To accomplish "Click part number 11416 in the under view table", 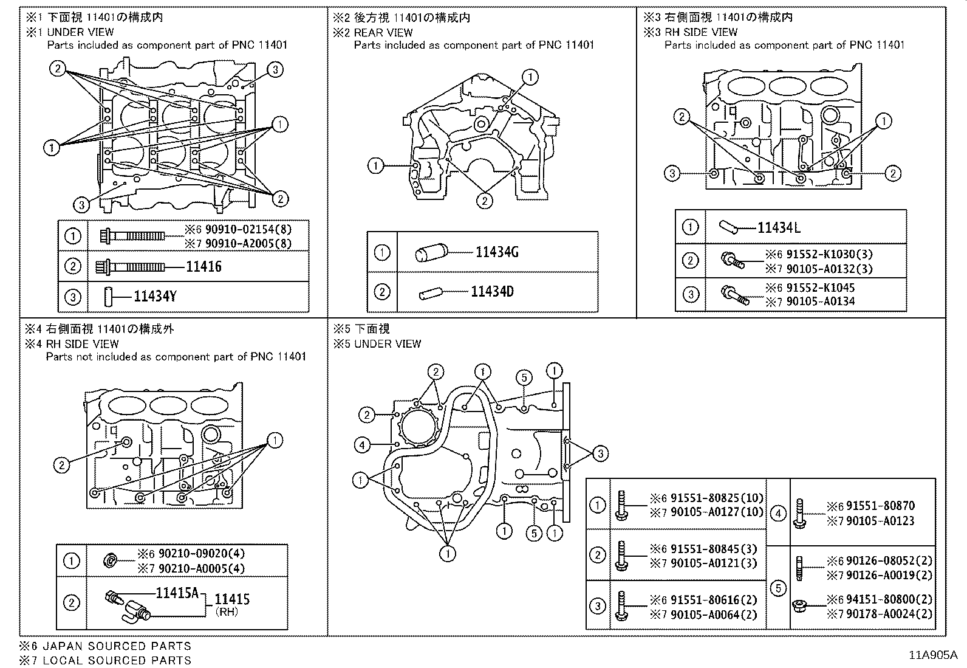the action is coord(203,267).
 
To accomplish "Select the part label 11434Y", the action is coord(155,297).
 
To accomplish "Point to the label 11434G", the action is coord(496,252).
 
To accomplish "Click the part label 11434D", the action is coord(492,292).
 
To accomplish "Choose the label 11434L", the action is coord(779,228).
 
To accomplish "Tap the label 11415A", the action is coord(177,593).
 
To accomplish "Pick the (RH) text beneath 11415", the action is coord(227,612).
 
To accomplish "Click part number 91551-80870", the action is coord(880,506).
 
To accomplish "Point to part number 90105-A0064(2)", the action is coord(714,615).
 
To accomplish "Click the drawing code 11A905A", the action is coord(932,655).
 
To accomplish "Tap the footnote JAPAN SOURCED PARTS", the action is coord(117,646).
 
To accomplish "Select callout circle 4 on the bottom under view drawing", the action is coord(362,446).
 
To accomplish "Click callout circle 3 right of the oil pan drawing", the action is coord(600,453).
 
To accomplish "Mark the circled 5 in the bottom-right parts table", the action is coord(778,588).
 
